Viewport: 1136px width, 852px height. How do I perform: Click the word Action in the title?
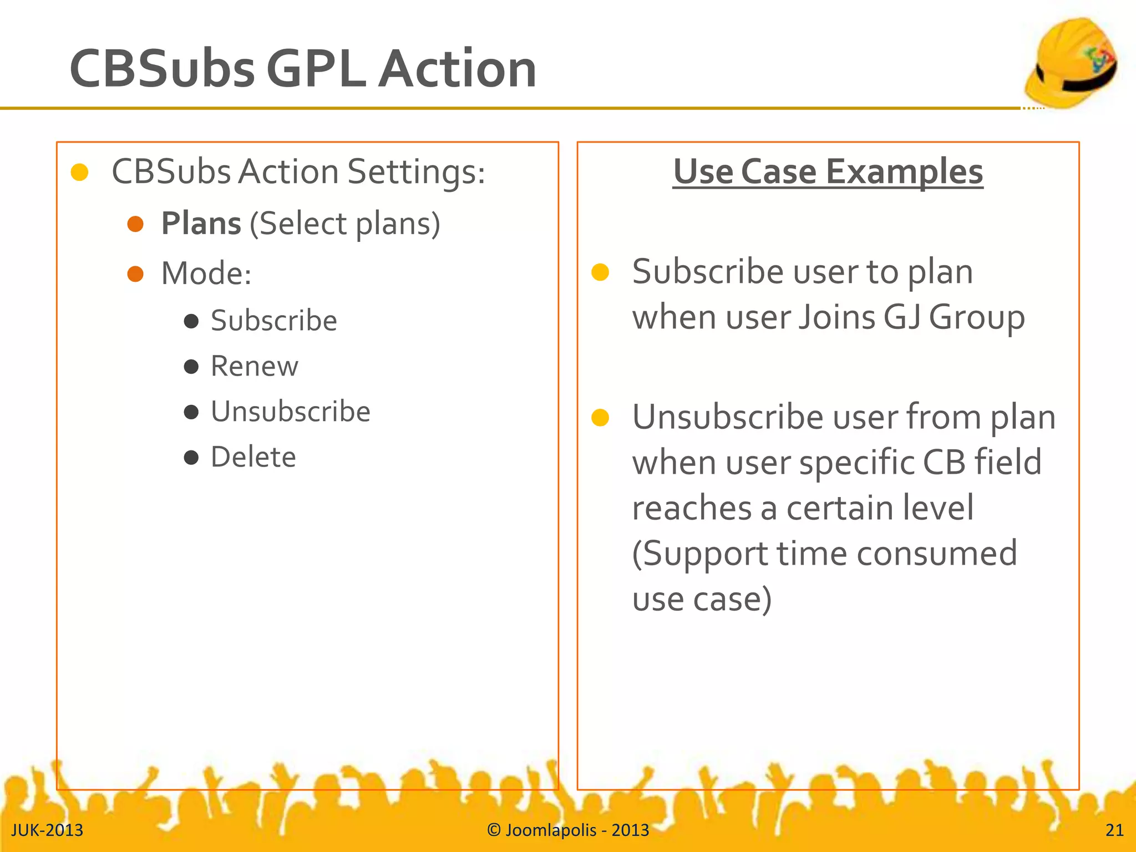pos(457,69)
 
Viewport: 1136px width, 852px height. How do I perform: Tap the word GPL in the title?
pos(316,69)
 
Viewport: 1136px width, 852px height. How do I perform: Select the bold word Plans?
pos(201,224)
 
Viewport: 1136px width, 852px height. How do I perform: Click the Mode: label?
pos(206,273)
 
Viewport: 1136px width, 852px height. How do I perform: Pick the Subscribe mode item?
pos(273,321)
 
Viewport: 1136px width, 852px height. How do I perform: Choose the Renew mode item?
pos(254,366)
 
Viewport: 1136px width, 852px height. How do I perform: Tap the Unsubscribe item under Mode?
pos(290,412)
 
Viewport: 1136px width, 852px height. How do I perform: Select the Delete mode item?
pos(253,457)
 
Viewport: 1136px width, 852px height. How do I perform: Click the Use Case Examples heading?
pos(828,171)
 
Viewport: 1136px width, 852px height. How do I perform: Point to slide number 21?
pos(1114,830)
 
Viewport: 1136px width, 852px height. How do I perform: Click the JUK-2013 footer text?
pos(47,830)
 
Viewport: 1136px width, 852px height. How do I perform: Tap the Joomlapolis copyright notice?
pos(568,830)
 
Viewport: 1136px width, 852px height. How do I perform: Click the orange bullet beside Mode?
pos(135,274)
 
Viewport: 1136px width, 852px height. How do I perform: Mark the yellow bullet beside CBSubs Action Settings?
pos(80,173)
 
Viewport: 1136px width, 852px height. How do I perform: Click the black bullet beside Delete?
pos(191,458)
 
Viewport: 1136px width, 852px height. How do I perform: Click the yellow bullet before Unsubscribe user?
pos(600,418)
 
